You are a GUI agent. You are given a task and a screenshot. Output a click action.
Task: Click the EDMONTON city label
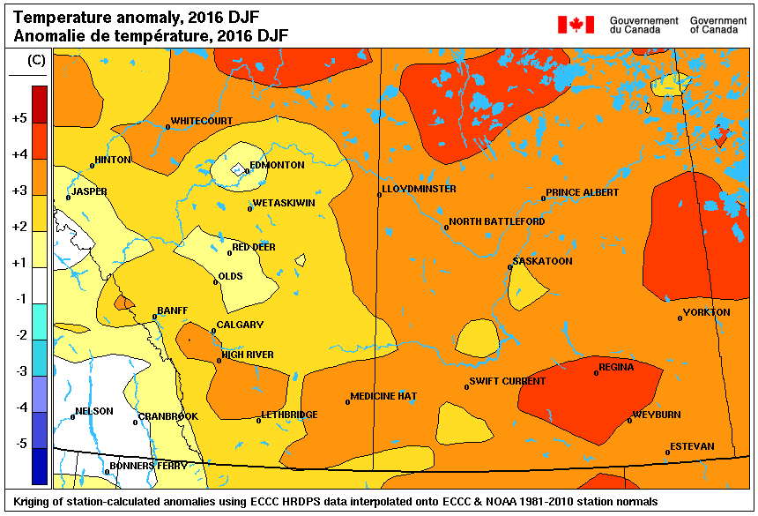click(277, 165)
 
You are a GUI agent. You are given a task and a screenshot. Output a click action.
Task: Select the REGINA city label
click(616, 367)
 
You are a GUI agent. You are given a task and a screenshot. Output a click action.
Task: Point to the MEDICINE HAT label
click(383, 397)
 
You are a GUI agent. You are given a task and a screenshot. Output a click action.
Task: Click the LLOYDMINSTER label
click(419, 190)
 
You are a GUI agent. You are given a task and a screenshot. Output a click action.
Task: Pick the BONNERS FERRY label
click(148, 466)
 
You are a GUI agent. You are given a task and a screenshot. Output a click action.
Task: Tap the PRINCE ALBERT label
click(582, 192)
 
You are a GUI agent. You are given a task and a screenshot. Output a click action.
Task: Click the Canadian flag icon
click(576, 25)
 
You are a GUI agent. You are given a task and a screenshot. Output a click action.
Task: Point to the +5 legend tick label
click(19, 118)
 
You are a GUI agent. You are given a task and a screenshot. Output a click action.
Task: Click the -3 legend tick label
click(19, 371)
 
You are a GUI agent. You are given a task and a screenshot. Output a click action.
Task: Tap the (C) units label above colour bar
click(37, 60)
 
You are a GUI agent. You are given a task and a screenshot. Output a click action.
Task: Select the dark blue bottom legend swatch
click(40, 467)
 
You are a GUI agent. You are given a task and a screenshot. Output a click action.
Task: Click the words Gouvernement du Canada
click(643, 25)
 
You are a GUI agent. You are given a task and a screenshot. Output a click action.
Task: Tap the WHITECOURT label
click(201, 121)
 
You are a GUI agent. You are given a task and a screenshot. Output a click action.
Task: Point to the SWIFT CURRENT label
click(507, 382)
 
